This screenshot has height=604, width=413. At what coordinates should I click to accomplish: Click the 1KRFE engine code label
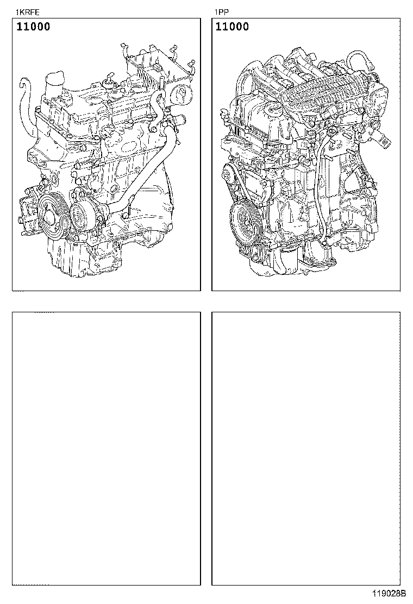tap(28, 12)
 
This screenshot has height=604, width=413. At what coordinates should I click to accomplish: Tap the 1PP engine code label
tap(222, 12)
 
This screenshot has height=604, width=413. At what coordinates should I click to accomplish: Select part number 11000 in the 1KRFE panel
tap(33, 27)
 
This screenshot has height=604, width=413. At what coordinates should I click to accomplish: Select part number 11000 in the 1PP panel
tap(232, 27)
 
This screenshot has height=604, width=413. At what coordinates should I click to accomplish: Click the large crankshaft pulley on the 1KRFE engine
tap(54, 218)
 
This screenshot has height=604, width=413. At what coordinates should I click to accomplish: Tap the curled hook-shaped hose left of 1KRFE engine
tap(26, 104)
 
